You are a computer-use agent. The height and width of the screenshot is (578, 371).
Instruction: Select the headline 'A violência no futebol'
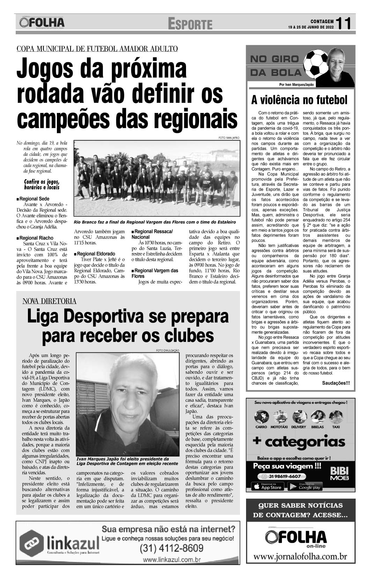[299, 100]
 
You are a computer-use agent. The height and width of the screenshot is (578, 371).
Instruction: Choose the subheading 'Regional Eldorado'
[96, 254]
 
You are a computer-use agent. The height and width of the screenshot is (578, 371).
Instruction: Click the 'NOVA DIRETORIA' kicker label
[49, 301]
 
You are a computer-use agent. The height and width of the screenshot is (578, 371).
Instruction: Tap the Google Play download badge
[305, 487]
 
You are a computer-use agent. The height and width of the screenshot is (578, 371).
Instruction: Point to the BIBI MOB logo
[337, 474]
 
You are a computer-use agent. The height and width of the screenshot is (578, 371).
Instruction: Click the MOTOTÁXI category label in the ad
[281, 427]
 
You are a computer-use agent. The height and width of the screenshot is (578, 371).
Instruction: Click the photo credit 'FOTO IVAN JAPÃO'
[229, 138]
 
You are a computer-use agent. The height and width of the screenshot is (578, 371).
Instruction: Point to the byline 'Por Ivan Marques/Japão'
[297, 85]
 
